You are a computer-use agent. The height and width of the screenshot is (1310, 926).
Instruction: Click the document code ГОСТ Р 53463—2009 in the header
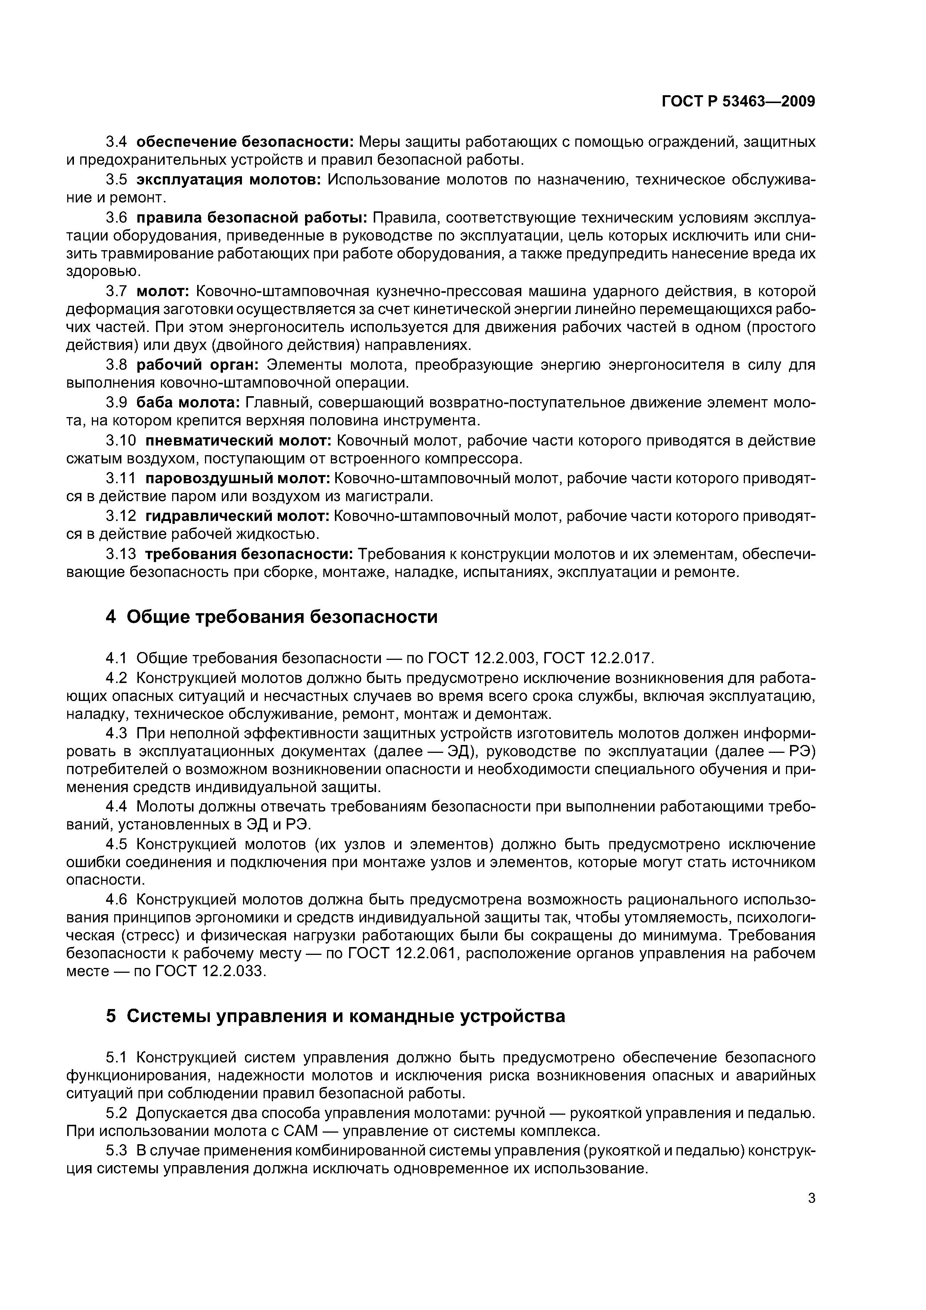pyautogui.click(x=738, y=102)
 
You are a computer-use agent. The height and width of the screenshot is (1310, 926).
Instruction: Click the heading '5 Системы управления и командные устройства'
pyautogui.click(x=335, y=1016)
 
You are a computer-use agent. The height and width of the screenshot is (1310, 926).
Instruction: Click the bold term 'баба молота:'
pyautogui.click(x=189, y=403)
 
